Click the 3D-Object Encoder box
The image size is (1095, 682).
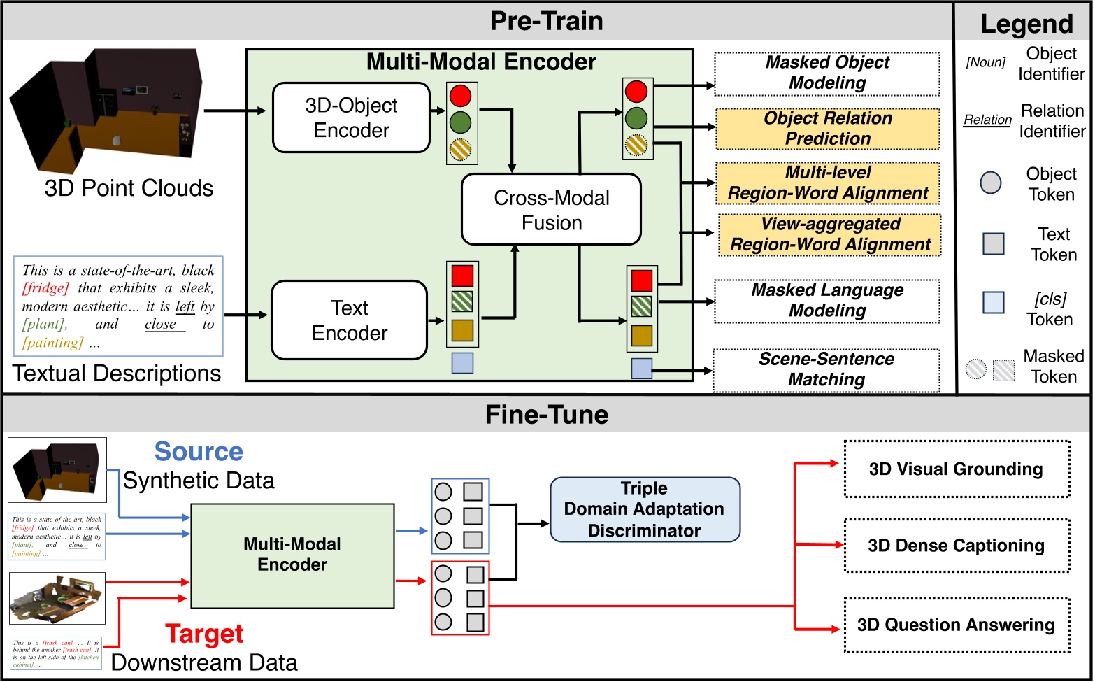pyautogui.click(x=351, y=118)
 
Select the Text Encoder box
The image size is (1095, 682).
pyautogui.click(x=349, y=320)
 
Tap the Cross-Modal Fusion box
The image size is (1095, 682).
pyautogui.click(x=551, y=210)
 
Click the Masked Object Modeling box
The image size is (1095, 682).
pyautogui.click(x=827, y=73)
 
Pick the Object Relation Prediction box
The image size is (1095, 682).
pyautogui.click(x=827, y=129)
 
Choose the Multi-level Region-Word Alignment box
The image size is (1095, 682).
pyautogui.click(x=828, y=183)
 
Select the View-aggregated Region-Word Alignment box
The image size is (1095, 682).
pyautogui.click(x=830, y=234)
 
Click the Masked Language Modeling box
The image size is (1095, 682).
pyautogui.click(x=826, y=300)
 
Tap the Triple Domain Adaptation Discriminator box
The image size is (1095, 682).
pyautogui.click(x=644, y=509)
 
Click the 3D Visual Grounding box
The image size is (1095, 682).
pyautogui.click(x=956, y=469)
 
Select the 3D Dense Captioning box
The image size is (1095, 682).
pyautogui.click(x=956, y=546)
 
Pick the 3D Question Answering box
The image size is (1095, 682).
pyautogui.click(x=956, y=625)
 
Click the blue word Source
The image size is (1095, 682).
pyautogui.click(x=199, y=452)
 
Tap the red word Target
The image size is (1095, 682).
pyautogui.click(x=204, y=634)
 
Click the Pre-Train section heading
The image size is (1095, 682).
pyautogui.click(x=546, y=21)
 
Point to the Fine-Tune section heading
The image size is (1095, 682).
pyautogui.click(x=546, y=415)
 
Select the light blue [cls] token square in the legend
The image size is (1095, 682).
pyautogui.click(x=993, y=303)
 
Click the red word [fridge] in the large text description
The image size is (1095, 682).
pyautogui.click(x=46, y=288)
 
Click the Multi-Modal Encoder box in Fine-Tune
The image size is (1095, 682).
pyautogui.click(x=292, y=555)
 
